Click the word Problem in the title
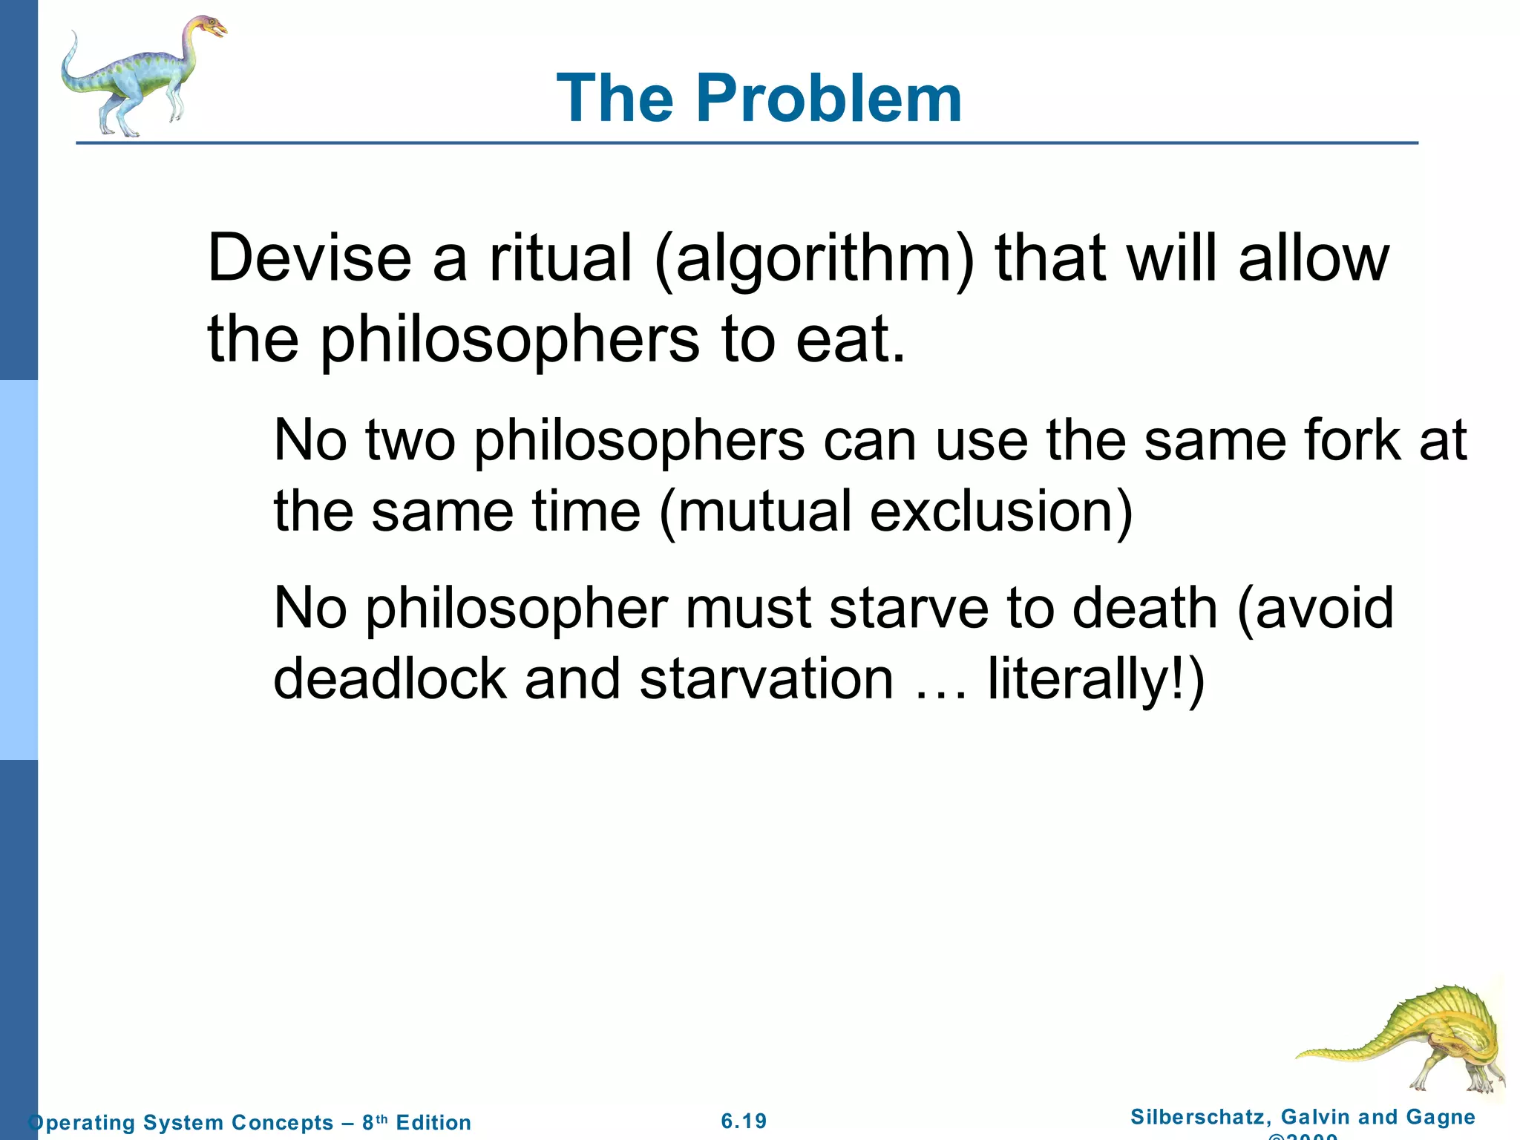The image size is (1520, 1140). click(828, 99)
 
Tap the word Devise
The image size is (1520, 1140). click(309, 258)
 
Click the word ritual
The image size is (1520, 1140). click(560, 258)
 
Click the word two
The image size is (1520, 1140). click(410, 441)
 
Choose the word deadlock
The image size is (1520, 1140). click(390, 678)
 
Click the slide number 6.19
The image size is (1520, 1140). click(744, 1121)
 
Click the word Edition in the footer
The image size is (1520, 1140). click(433, 1122)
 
